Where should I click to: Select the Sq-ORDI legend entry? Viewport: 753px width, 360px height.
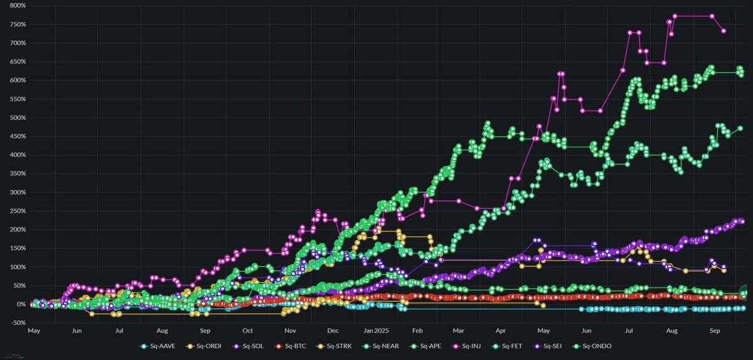click(x=201, y=346)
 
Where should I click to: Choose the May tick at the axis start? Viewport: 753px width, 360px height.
click(x=34, y=329)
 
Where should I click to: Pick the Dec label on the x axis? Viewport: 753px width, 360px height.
click(x=332, y=329)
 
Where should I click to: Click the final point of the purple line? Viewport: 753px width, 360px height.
click(x=742, y=221)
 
